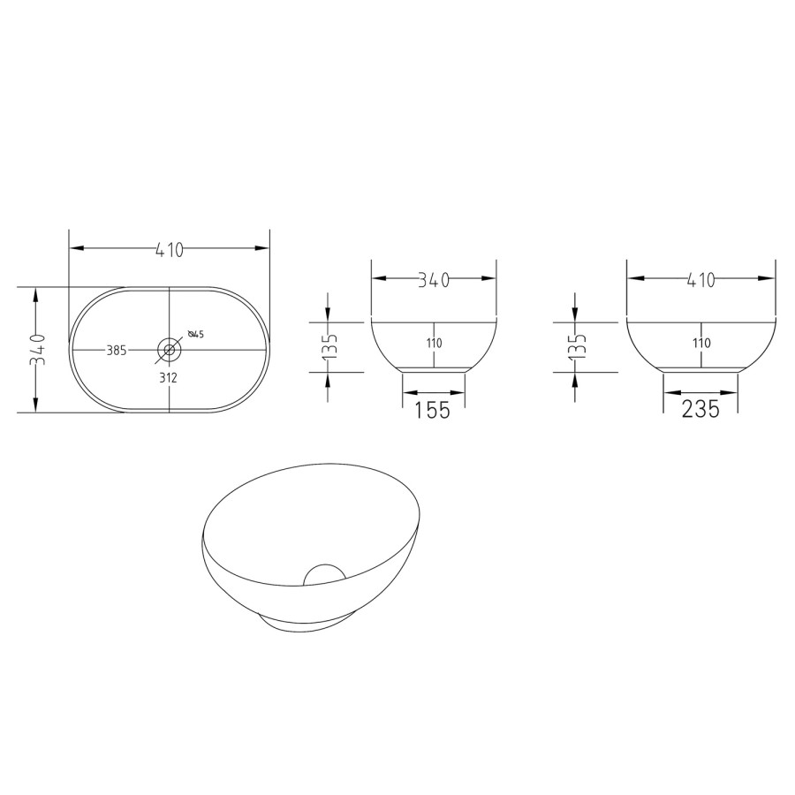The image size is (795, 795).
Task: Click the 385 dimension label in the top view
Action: coord(116,351)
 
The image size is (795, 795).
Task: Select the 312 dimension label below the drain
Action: coord(169,378)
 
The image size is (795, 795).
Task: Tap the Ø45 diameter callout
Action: coord(196,334)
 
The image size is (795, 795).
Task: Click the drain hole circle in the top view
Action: coord(170,349)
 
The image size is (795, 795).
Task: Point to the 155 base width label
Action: coord(433,410)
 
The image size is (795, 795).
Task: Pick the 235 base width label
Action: coord(700,409)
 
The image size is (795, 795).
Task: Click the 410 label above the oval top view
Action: coord(169,250)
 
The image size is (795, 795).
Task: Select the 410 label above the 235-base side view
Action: coord(700,280)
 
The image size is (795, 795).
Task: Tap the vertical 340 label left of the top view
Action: coord(38,349)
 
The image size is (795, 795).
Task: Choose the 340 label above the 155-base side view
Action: coord(434,280)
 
